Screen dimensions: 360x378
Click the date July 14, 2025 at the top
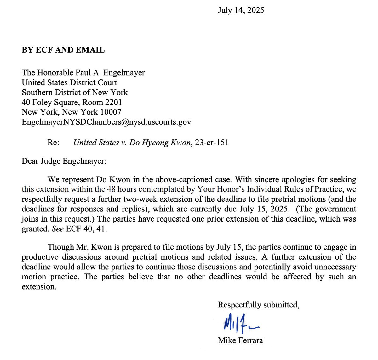(241, 10)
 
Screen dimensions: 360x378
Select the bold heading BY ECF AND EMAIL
(63, 50)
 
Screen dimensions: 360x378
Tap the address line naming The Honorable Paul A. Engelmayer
(83, 73)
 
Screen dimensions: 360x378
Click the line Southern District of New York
(75, 93)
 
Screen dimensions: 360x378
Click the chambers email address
(106, 122)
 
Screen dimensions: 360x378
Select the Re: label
(53, 143)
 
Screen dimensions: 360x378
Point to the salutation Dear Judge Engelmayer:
(64, 161)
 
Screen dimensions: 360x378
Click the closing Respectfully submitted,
(258, 305)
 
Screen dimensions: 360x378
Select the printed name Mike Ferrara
(240, 340)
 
